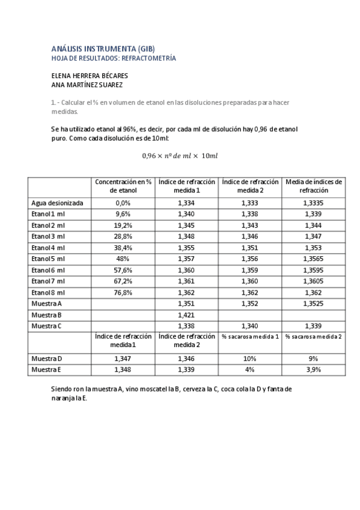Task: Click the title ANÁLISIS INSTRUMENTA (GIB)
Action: click(103, 49)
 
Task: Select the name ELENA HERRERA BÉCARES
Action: click(90, 76)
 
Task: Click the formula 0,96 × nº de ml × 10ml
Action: click(180, 156)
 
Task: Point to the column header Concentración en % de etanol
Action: click(123, 186)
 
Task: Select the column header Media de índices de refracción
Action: click(313, 186)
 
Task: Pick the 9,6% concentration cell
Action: click(123, 215)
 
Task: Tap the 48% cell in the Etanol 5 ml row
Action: click(123, 259)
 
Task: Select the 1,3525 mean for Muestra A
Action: click(313, 304)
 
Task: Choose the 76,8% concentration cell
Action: click(123, 292)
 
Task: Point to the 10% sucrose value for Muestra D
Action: click(249, 359)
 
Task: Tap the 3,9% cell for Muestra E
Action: click(313, 370)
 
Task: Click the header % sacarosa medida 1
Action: click(249, 337)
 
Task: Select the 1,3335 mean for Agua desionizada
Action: click(313, 203)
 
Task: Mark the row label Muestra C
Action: click(47, 326)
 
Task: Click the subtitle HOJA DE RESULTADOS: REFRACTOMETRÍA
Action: click(115, 58)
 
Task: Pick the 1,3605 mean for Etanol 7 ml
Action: click(313, 281)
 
